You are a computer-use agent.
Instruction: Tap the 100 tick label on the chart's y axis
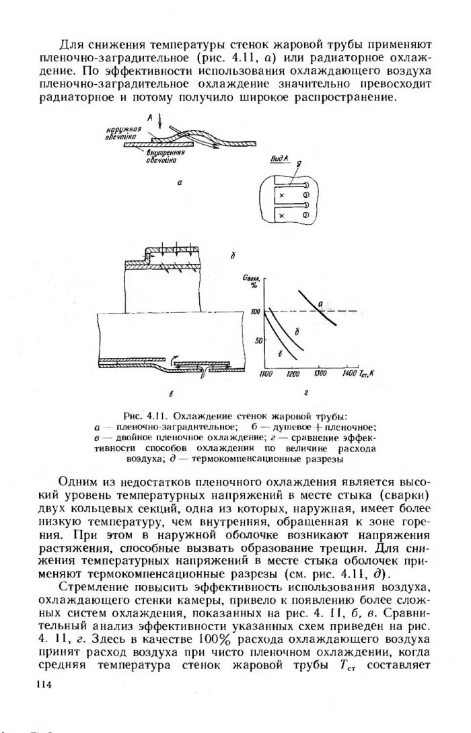click(256, 312)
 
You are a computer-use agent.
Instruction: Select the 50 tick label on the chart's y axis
click(257, 340)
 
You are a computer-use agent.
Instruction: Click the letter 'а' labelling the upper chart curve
click(321, 305)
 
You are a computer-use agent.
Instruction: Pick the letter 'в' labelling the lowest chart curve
click(281, 353)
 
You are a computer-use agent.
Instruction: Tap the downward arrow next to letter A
click(159, 124)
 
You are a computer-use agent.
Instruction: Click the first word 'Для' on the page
click(70, 45)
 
